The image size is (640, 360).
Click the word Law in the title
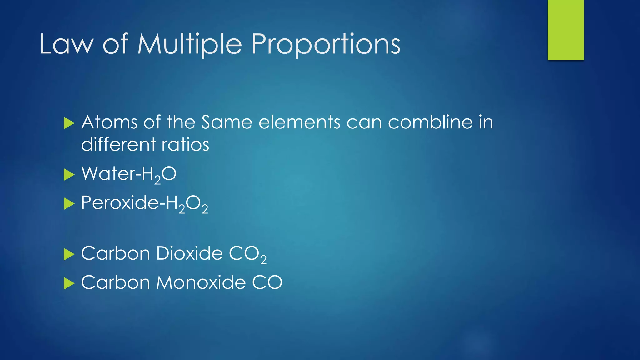click(66, 44)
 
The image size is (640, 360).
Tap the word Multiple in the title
click(190, 44)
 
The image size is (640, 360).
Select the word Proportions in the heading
click(326, 44)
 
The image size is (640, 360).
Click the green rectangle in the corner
click(566, 30)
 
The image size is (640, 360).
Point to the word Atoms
click(109, 122)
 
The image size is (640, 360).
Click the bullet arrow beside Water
click(69, 175)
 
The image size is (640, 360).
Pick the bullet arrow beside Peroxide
click(69, 204)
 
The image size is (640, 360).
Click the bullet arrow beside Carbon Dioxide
click(69, 254)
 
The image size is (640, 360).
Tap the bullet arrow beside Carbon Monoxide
click(69, 284)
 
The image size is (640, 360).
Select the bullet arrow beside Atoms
click(69, 123)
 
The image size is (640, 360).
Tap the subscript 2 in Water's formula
click(157, 180)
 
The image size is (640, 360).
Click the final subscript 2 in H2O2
click(205, 210)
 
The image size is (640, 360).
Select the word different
click(118, 145)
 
